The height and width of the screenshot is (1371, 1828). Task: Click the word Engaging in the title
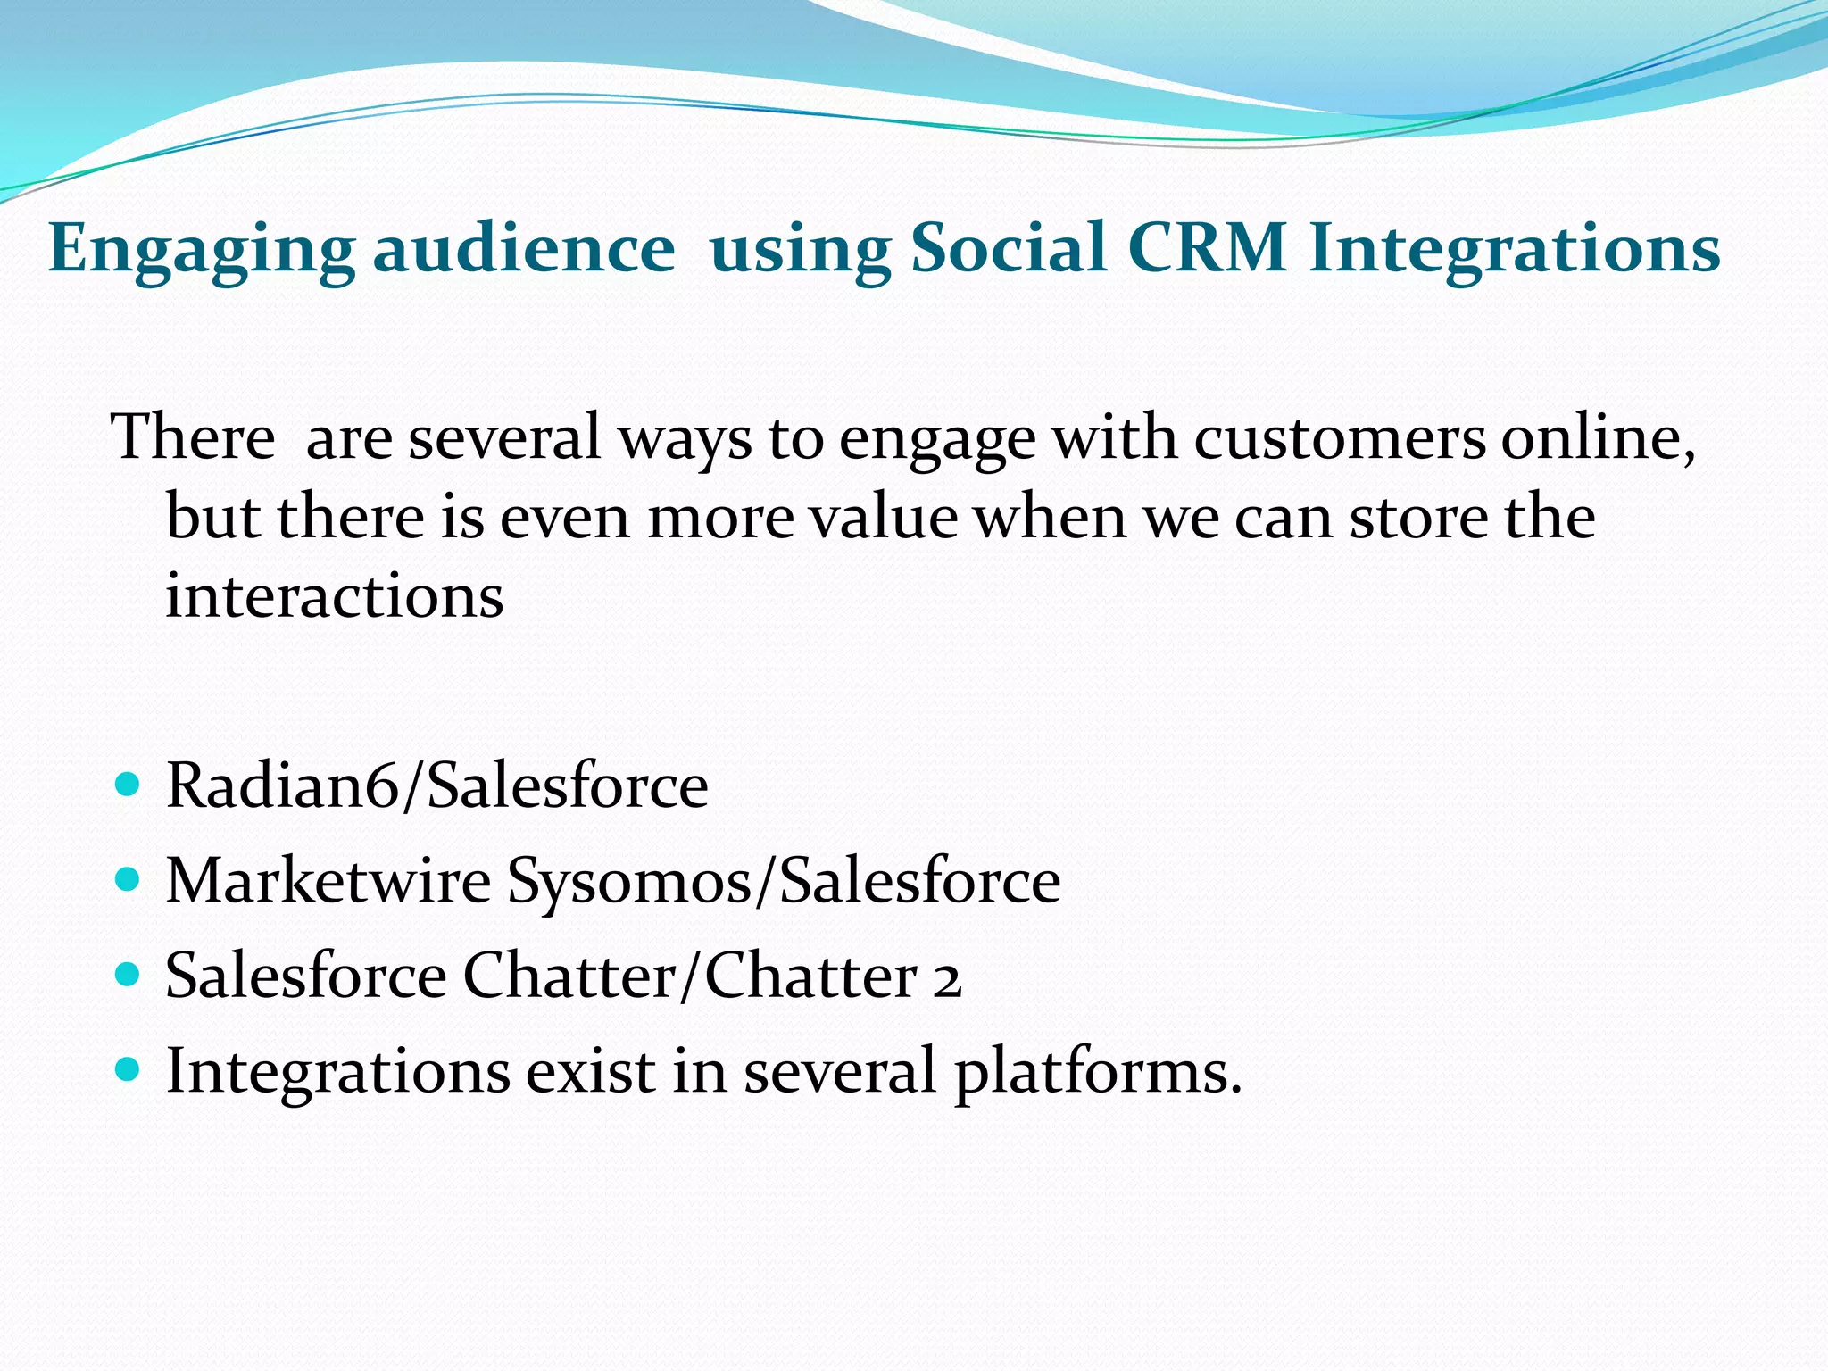pyautogui.click(x=201, y=250)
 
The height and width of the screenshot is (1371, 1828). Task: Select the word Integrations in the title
pyautogui.click(x=1514, y=250)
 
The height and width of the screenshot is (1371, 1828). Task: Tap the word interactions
pyautogui.click(x=335, y=595)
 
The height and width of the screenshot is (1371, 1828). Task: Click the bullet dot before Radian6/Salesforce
pyautogui.click(x=129, y=785)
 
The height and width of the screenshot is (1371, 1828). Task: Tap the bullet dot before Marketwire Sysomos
pyautogui.click(x=129, y=881)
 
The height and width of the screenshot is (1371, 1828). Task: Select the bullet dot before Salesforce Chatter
pyautogui.click(x=129, y=975)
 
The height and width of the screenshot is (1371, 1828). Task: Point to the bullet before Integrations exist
pyautogui.click(x=129, y=1069)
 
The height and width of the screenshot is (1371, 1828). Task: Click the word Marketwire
pyautogui.click(x=328, y=881)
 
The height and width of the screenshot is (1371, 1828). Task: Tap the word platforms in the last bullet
pyautogui.click(x=1098, y=1071)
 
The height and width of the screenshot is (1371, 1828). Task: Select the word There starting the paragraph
pyautogui.click(x=193, y=438)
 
